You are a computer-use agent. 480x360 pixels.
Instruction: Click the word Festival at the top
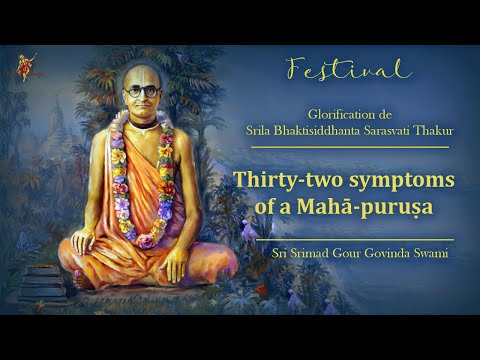pyautogui.click(x=348, y=69)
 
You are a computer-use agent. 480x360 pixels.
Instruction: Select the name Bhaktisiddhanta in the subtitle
pyautogui.click(x=323, y=133)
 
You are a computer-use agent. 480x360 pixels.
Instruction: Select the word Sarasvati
pyautogui.click(x=382, y=133)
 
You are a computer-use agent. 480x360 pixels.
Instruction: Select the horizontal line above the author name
pyautogui.click(x=355, y=239)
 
